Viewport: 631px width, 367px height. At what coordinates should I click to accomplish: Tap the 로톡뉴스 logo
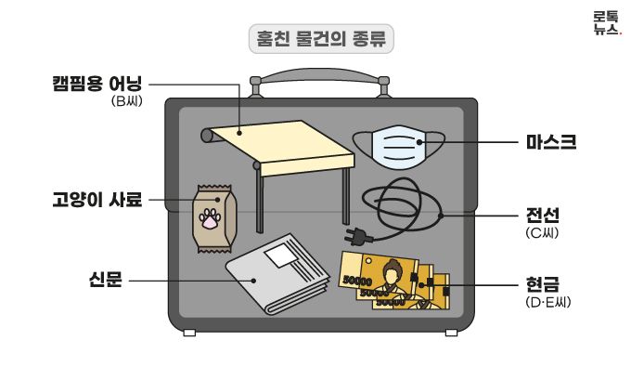point(606,22)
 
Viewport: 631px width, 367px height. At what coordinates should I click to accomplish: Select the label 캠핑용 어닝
point(97,83)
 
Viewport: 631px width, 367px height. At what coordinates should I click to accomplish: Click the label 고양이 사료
point(97,199)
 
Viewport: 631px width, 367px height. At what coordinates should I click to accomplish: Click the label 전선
point(543,216)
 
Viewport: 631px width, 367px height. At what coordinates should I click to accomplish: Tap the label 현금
point(543,282)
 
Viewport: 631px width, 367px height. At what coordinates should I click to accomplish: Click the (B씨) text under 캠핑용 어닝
point(125,100)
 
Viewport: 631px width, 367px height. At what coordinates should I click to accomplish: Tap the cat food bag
point(212,218)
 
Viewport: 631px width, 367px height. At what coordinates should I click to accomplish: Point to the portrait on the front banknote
point(393,276)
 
